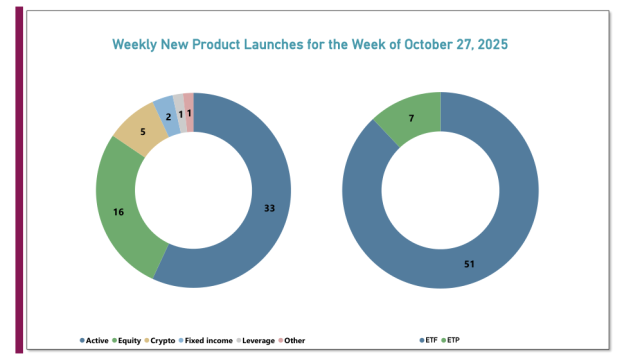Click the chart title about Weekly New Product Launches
309,44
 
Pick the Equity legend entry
127,340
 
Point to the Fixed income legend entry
205,340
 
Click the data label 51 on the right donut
468,264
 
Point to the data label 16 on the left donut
118,212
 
